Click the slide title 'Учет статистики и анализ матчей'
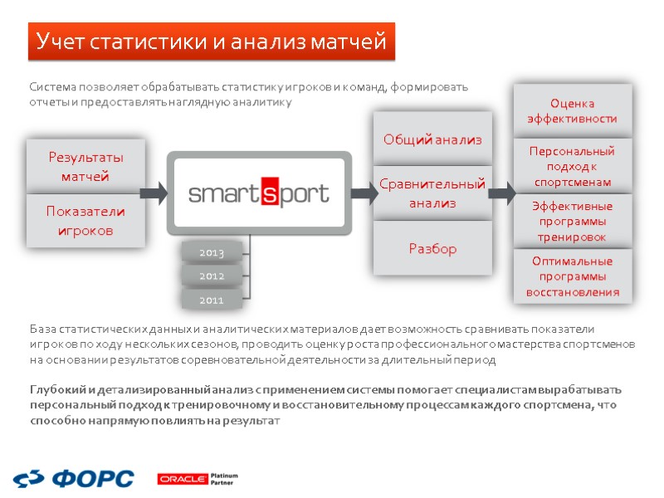211,41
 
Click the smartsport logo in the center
259,193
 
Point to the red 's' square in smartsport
272,193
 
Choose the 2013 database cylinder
212,251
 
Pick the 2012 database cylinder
212,276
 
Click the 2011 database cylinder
212,300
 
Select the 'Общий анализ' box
432,139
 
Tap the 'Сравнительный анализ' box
432,193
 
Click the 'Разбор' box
432,248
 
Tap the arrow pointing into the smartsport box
154,194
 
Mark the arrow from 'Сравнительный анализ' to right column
501,194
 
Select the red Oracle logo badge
183,479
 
